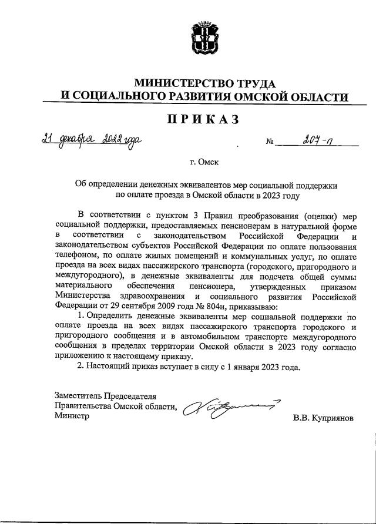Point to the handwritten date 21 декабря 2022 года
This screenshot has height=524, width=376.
90,141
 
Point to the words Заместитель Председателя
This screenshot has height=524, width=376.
106,395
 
